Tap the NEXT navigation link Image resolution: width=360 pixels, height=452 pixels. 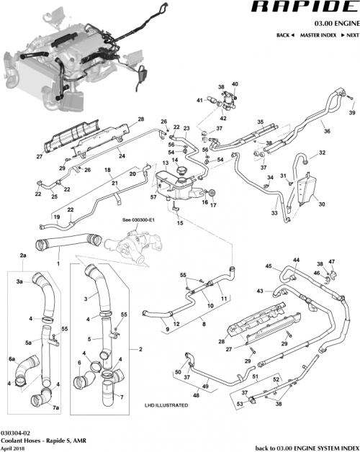point(349,35)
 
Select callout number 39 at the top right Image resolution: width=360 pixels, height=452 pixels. point(352,113)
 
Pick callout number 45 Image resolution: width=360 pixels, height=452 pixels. point(269,266)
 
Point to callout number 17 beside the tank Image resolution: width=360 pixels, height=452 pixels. point(213,205)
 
